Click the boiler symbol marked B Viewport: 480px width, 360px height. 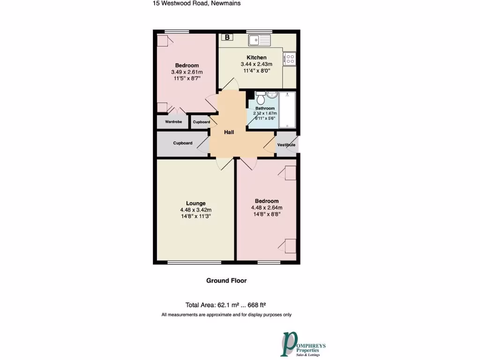tap(227, 37)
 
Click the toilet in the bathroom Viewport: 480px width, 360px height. tap(261, 98)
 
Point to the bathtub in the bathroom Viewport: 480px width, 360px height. tap(287, 110)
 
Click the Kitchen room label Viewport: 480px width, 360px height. tap(256, 58)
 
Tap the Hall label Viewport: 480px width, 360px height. tap(229, 132)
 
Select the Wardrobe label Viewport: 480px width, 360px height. tap(173, 122)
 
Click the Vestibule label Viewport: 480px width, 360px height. tap(286, 145)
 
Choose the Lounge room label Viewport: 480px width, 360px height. tap(195, 203)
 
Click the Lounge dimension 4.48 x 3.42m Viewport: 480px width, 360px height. tap(195, 210)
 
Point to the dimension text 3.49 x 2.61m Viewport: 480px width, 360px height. tap(187, 72)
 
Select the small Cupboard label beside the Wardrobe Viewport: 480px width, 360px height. tap(202, 122)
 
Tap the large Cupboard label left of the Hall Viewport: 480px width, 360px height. tap(183, 143)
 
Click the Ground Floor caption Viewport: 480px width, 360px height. tap(226, 281)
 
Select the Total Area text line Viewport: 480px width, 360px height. tap(226, 304)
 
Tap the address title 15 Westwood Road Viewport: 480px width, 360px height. tap(196, 3)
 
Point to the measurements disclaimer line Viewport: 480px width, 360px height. tap(226, 315)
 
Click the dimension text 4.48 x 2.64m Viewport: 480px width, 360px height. tap(266, 208)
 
